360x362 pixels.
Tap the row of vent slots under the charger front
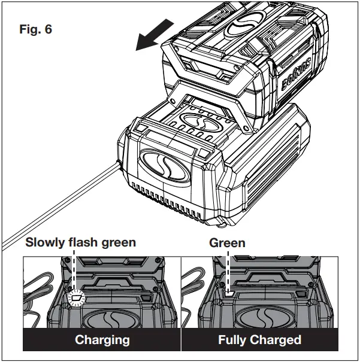coord(174,195)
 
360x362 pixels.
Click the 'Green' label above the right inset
coord(227,243)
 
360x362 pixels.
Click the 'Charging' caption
coord(102,340)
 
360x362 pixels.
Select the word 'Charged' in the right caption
coord(278,340)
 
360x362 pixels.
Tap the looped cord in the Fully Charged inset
coord(195,281)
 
